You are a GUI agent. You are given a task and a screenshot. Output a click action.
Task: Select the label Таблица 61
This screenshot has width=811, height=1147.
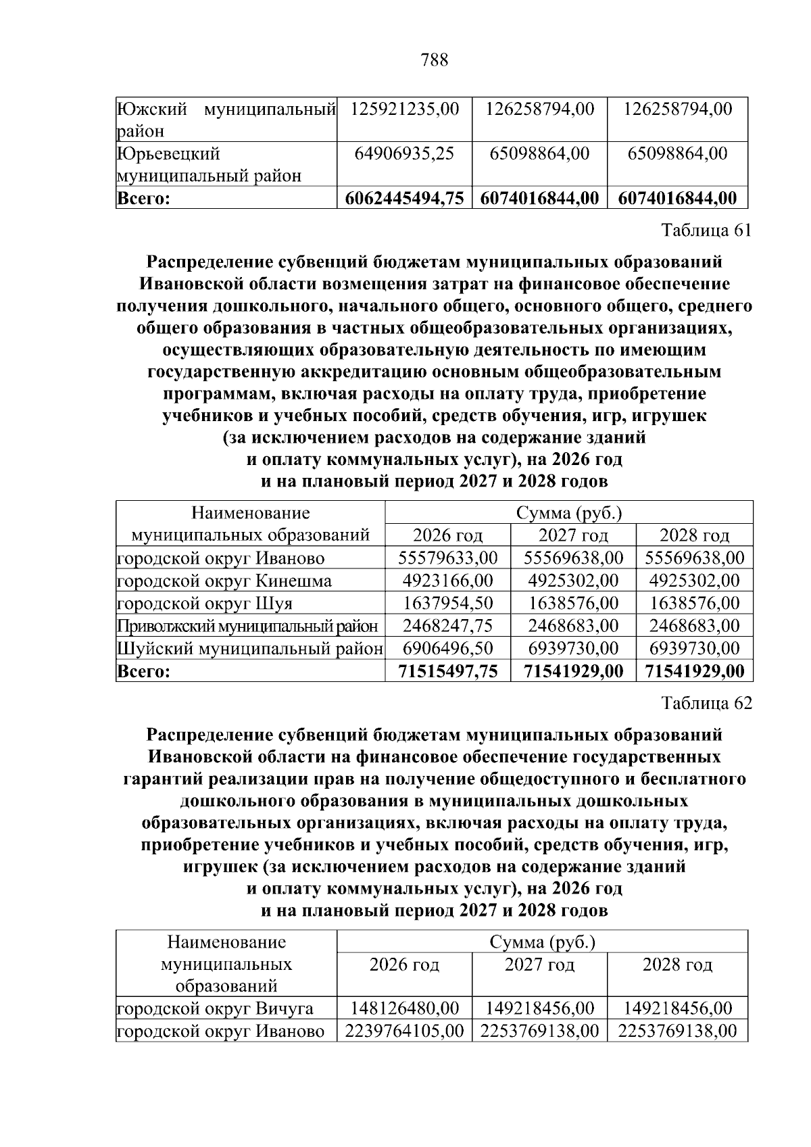click(x=706, y=230)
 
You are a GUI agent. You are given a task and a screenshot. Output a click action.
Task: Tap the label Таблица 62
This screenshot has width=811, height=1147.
click(x=706, y=704)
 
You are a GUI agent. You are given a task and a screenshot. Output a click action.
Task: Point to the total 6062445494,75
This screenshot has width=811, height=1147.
click(x=404, y=199)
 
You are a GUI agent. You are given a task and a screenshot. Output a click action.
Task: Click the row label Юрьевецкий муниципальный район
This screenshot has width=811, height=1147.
click(x=210, y=165)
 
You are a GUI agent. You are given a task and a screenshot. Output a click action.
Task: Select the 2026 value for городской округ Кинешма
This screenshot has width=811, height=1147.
click(x=447, y=581)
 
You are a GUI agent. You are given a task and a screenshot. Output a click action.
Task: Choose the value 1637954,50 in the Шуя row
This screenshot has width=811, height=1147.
click(x=447, y=603)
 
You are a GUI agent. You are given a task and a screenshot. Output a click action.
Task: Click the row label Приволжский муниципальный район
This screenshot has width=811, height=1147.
click(x=247, y=626)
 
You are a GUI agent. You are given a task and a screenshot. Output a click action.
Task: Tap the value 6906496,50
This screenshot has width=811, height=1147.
click(x=447, y=649)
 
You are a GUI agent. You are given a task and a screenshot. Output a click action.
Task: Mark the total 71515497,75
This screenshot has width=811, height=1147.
click(x=447, y=671)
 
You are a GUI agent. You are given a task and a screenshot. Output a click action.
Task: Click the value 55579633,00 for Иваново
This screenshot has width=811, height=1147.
click(x=447, y=558)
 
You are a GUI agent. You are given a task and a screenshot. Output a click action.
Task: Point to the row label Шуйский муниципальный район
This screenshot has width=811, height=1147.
click(x=250, y=649)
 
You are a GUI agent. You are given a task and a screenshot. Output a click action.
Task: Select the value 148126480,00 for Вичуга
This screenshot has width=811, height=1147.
click(x=404, y=1009)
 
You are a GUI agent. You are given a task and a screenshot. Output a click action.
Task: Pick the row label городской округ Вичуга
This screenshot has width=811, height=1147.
click(x=216, y=1009)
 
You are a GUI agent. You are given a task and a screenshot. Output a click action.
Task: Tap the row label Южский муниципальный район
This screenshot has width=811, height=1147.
click(x=226, y=119)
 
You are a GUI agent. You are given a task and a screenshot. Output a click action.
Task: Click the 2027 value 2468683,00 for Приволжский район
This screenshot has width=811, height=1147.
click(x=573, y=626)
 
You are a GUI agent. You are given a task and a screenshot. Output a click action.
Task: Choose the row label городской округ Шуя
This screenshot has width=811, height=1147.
click(x=205, y=603)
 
